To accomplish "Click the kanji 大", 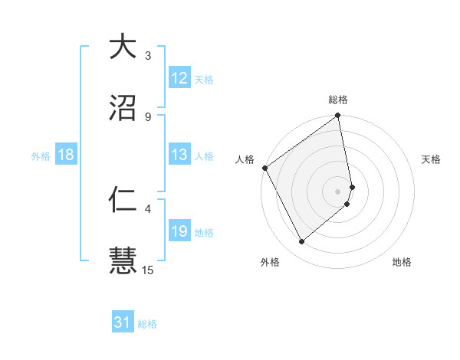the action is [123, 47].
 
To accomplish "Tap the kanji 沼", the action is [123, 106].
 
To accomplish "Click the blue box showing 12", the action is [179, 78].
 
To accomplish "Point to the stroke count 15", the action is [149, 270].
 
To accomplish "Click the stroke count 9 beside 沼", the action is [148, 116].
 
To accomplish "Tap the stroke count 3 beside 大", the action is [148, 56].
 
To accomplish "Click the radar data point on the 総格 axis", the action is [337, 117].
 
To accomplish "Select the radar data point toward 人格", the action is [264, 168].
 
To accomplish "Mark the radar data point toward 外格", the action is [301, 241].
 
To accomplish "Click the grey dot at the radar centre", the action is [338, 191].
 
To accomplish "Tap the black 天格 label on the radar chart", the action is [432, 159].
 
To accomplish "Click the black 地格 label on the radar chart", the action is [402, 262].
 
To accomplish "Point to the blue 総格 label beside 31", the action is [147, 324].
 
